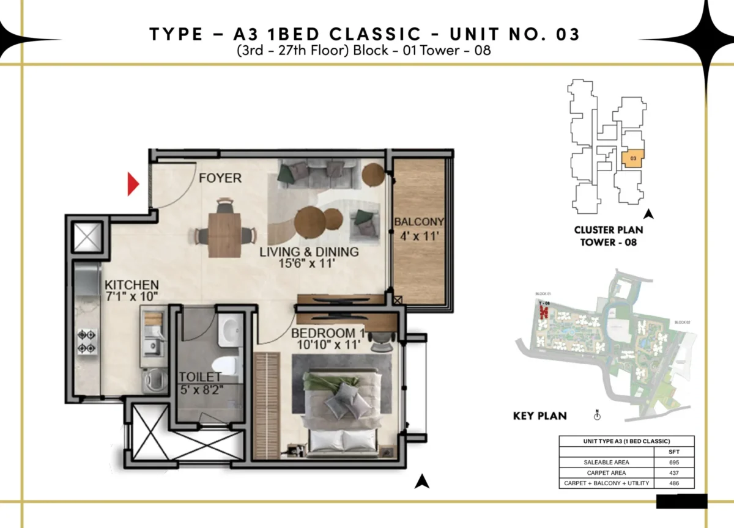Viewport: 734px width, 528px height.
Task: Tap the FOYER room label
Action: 220,178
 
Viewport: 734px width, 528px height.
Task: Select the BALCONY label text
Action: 418,222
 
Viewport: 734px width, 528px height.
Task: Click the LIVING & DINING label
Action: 309,252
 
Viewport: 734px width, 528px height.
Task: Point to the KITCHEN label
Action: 132,285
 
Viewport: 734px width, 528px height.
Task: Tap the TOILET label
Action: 200,377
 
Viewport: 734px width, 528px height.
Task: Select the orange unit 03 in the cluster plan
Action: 633,159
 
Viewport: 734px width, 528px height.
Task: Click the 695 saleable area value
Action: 673,463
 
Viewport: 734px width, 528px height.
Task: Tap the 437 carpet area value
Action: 673,473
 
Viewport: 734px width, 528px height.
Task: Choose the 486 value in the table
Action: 673,483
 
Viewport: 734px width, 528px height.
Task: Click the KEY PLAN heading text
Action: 539,416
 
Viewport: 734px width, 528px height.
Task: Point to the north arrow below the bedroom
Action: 420,482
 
